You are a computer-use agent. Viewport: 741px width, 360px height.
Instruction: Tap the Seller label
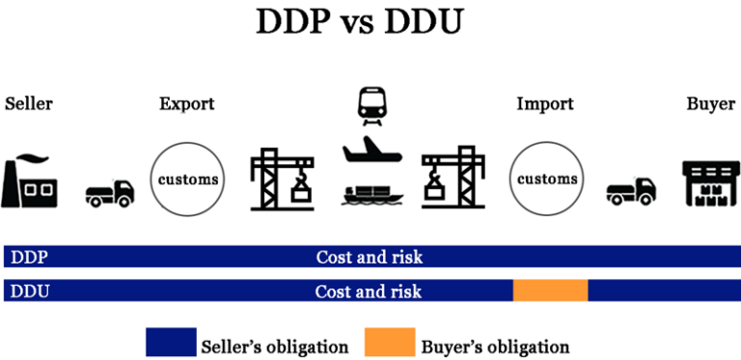(x=29, y=103)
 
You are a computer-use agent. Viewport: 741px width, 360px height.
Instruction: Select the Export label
(x=186, y=103)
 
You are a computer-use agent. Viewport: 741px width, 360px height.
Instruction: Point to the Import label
(x=545, y=103)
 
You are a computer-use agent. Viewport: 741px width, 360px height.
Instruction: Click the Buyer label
(x=710, y=103)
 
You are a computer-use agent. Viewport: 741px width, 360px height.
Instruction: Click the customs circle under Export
(x=186, y=179)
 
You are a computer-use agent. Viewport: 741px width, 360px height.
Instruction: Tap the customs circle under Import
(x=547, y=179)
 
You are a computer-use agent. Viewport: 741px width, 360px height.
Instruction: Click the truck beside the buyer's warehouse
(x=631, y=191)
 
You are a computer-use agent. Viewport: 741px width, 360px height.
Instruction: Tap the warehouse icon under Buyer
(x=710, y=181)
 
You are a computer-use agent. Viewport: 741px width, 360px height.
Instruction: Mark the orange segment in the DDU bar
(x=550, y=291)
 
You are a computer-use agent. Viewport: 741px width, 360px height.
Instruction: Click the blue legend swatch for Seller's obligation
(x=171, y=343)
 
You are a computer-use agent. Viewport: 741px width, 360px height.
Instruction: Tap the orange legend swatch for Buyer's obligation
(x=389, y=343)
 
